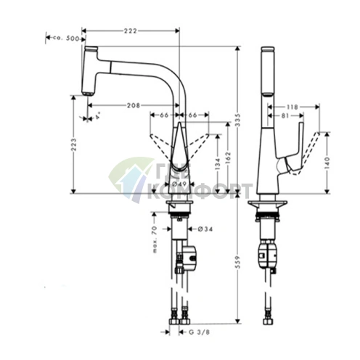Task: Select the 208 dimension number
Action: [x=132, y=105]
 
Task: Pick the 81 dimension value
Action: [x=286, y=115]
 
